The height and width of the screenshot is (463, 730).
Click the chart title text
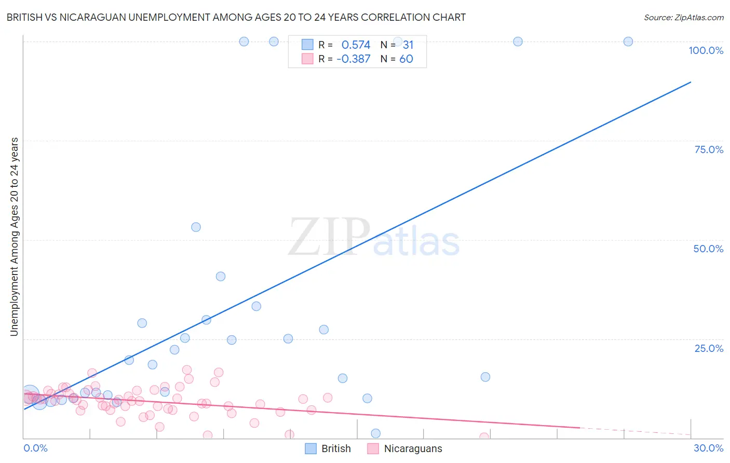(x=236, y=17)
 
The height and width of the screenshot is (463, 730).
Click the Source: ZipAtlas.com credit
(x=683, y=17)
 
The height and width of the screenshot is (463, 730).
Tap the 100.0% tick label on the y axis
(x=706, y=50)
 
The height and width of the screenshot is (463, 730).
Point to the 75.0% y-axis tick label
(x=709, y=149)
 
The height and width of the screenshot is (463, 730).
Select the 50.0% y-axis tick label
(x=708, y=249)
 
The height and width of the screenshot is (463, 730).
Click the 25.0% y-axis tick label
(x=709, y=348)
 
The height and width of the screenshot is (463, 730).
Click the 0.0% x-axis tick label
(x=35, y=448)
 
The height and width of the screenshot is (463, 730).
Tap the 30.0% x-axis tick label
(x=708, y=448)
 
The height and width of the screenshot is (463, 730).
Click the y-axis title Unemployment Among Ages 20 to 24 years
(x=15, y=237)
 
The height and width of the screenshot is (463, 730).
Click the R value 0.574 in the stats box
(x=356, y=45)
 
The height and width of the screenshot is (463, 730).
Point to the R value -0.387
(x=354, y=59)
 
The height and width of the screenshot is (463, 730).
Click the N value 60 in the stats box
(x=406, y=59)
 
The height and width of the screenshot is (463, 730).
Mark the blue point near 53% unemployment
(x=196, y=227)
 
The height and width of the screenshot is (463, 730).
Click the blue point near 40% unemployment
(x=221, y=276)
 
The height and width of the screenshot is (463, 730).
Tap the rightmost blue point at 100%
(x=628, y=42)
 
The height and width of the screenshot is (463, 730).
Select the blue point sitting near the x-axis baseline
(x=376, y=433)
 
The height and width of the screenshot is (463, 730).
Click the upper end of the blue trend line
(x=691, y=82)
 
